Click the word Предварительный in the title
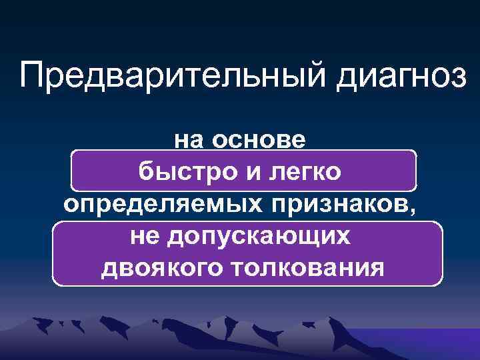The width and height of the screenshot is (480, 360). [176, 77]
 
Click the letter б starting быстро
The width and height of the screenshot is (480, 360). [146, 171]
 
